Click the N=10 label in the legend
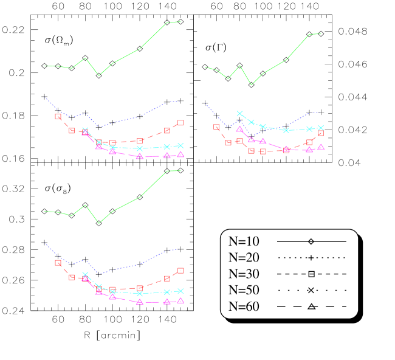(x=244, y=241)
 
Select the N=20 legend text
(x=244, y=257)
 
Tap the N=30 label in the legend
(x=244, y=274)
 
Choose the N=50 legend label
(x=244, y=290)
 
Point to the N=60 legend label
(x=244, y=306)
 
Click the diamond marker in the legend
(x=311, y=241)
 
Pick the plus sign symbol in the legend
(x=311, y=258)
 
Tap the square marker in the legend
(x=311, y=274)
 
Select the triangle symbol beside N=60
(x=311, y=306)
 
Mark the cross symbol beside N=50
(x=311, y=291)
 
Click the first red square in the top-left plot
(x=58, y=117)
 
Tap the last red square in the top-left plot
(x=180, y=123)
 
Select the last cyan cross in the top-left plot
(x=180, y=145)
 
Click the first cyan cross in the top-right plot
(x=239, y=114)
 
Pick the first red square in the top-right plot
(x=216, y=127)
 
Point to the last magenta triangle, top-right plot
(x=321, y=147)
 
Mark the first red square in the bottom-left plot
(x=58, y=263)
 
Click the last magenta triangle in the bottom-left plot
(x=180, y=300)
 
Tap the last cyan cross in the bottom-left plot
(x=180, y=291)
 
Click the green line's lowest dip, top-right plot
(x=252, y=85)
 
